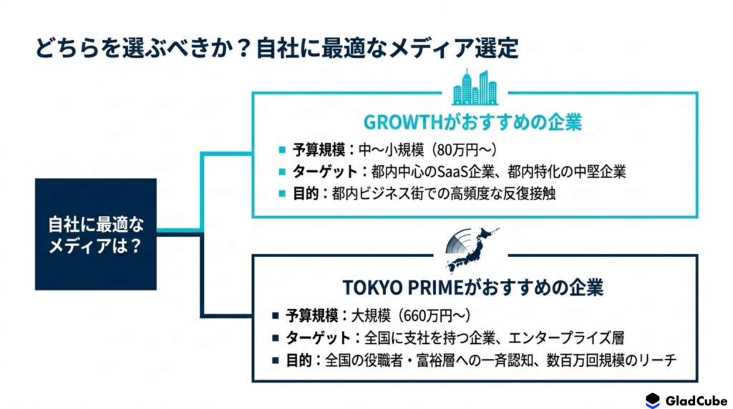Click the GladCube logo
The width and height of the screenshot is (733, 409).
(686, 400)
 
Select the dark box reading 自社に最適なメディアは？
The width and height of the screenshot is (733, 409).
(96, 234)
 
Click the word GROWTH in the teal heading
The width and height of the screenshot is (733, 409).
(403, 122)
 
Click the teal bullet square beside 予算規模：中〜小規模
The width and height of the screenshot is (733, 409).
(282, 150)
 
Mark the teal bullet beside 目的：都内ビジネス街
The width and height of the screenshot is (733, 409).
(282, 193)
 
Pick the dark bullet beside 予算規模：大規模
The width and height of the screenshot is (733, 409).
(276, 315)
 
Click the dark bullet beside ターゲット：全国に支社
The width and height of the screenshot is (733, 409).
(276, 337)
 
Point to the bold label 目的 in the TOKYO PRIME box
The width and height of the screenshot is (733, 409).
(298, 360)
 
